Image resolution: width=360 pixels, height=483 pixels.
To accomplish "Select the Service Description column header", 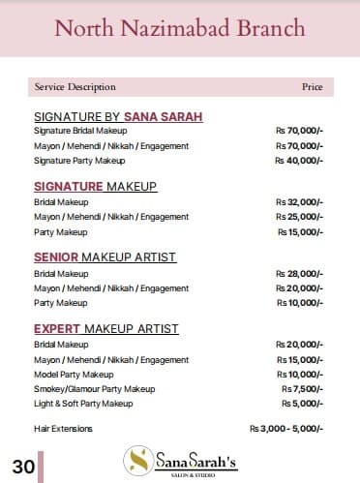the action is pos(75,87).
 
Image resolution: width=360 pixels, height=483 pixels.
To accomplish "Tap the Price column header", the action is pos(312,87).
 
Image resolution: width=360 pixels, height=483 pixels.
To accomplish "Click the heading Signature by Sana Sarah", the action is pos(118,117).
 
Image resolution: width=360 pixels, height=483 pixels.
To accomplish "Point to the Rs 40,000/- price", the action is pos(299,160).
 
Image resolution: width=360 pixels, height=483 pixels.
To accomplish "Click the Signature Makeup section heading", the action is pos(95,186).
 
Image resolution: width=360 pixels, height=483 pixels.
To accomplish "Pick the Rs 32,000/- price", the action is pos(299,202).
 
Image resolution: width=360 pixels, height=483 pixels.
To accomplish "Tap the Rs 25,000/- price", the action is pos(299,217).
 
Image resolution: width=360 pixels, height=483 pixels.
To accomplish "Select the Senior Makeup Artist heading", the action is pos(106,257).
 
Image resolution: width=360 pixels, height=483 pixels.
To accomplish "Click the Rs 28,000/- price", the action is pos(299,274).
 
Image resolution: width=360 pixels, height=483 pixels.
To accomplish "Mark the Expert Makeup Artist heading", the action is pos(106,329).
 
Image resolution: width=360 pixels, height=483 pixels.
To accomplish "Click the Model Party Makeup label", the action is pos(74,374).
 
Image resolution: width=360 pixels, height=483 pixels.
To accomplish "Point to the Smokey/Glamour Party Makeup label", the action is pos(94,388).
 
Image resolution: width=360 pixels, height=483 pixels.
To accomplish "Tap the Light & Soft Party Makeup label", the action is pos(83,403).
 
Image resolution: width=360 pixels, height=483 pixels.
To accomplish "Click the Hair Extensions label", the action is pos(64,428).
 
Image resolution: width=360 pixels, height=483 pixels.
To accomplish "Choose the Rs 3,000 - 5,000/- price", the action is pos(286,428).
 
